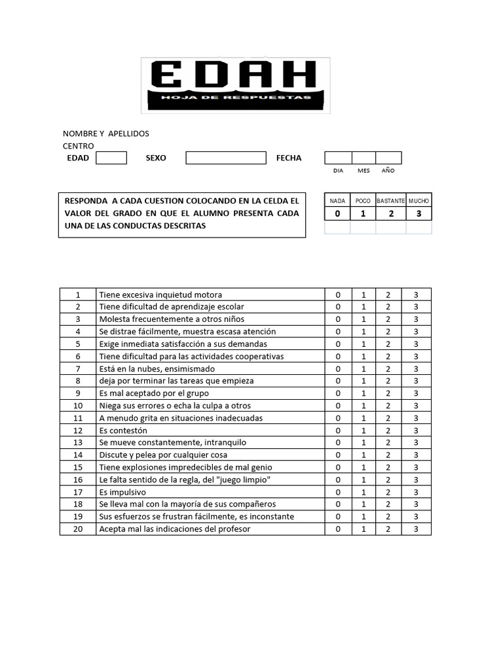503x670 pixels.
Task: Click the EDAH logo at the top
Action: point(235,84)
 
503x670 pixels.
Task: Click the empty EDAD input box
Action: point(111,158)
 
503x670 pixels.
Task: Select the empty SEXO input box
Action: point(226,158)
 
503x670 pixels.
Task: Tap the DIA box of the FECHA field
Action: point(338,158)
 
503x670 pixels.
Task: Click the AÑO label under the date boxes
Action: point(388,171)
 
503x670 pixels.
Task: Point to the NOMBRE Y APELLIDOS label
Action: point(106,133)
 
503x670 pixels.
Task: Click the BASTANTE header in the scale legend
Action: point(390,201)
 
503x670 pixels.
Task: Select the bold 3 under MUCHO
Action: point(419,214)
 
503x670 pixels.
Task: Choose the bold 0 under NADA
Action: point(338,214)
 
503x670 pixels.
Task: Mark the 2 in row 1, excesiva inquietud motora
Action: point(388,294)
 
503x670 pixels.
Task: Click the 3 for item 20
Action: point(416,529)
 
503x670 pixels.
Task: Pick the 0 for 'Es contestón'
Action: point(339,431)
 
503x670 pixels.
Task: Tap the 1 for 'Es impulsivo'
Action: point(363,492)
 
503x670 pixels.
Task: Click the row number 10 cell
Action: point(77,406)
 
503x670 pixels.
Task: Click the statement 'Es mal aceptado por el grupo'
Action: point(155,393)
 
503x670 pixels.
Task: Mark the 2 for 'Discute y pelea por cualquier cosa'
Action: point(388,455)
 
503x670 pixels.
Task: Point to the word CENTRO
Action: point(79,146)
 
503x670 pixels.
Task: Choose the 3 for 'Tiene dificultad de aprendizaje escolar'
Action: point(416,307)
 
